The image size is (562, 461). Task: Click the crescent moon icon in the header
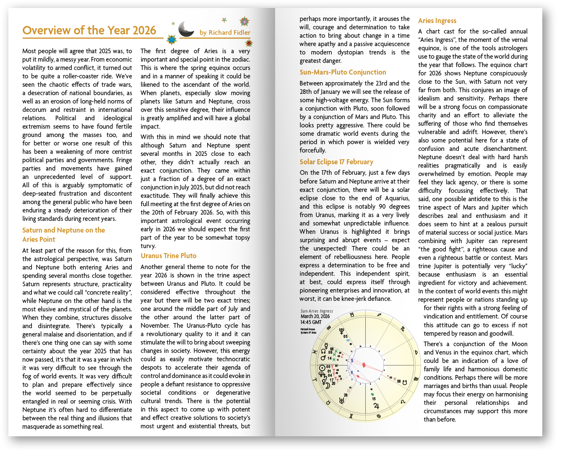[x=186, y=29]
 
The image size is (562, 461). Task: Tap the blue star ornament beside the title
[x=171, y=39]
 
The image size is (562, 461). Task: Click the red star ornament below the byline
[x=248, y=43]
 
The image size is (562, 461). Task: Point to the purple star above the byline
[x=244, y=21]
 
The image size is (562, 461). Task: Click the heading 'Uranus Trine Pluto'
[x=169, y=256]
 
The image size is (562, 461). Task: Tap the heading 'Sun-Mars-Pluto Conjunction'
[x=343, y=72]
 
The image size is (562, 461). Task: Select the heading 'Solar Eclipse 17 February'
[x=336, y=162]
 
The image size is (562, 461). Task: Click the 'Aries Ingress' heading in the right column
[x=437, y=21]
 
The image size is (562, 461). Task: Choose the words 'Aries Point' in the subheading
[x=39, y=239]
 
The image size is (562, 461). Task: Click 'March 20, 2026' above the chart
[x=315, y=316]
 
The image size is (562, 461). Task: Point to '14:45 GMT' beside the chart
[x=311, y=322]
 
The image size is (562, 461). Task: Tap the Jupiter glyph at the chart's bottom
[x=376, y=406]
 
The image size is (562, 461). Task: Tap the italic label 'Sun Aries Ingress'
[x=317, y=311]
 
